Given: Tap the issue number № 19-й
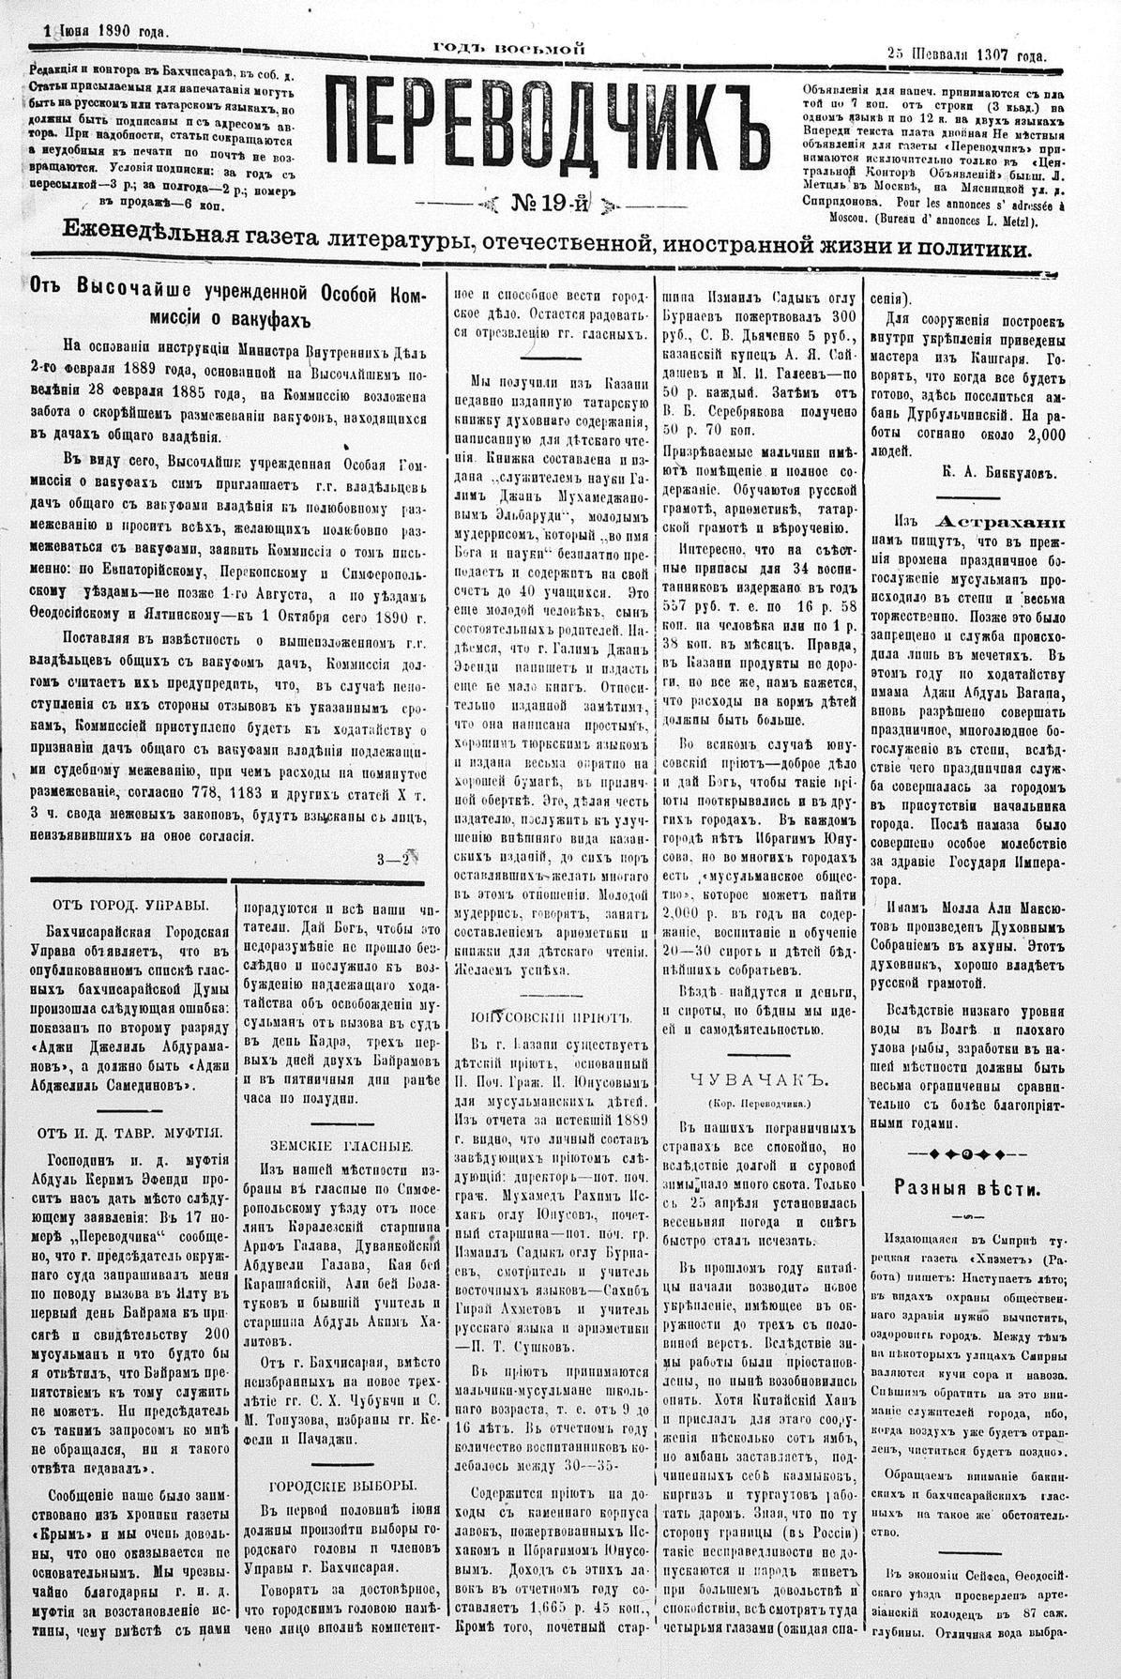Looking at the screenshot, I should click(x=549, y=202).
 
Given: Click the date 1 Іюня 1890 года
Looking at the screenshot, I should click(x=106, y=31).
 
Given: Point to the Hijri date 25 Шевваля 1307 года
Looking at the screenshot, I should click(x=967, y=55).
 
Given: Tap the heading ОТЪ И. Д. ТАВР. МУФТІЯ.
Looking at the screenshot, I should click(x=131, y=1131).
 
